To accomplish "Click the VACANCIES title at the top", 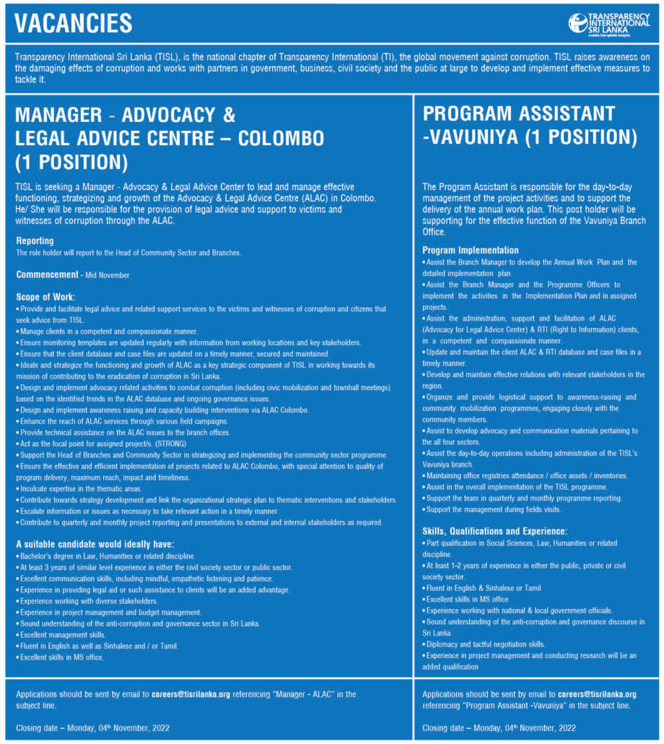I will point(74,23).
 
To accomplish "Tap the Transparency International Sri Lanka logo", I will point(608,23).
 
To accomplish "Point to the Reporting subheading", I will point(35,241).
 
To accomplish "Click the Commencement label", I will point(47,274).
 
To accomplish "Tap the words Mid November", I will point(108,275).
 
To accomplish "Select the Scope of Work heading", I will point(45,297).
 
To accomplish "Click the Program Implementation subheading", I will point(471,250).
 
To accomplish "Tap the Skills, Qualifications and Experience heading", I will point(494,531).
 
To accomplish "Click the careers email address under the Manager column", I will point(191,694).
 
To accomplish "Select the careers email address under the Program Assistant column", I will point(597,694).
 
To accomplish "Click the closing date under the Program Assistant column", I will point(499,727).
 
